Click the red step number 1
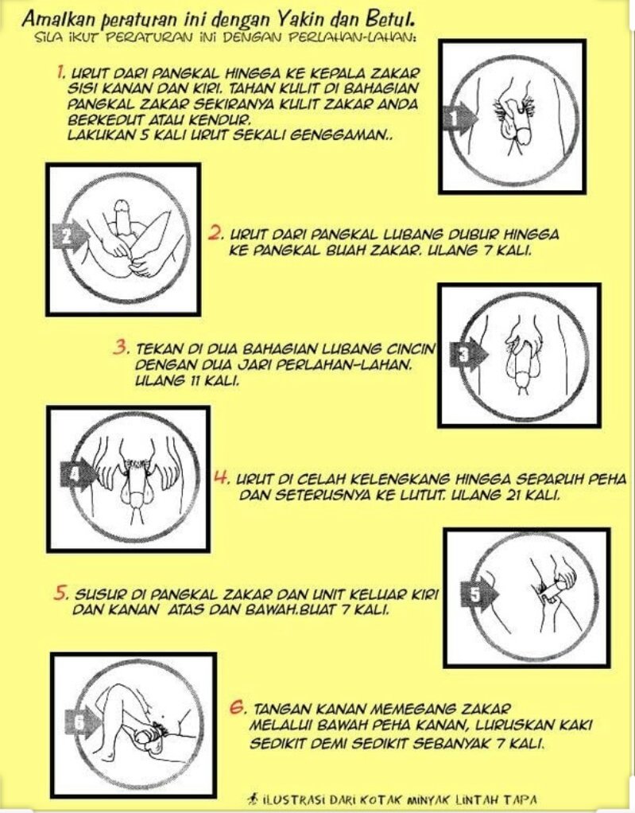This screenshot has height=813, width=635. point(60,72)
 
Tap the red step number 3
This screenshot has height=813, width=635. point(122,347)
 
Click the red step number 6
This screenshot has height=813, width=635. point(237,707)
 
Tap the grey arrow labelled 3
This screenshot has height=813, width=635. point(469,354)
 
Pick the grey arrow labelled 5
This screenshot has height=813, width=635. point(479,594)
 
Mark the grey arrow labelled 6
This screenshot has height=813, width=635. point(83,722)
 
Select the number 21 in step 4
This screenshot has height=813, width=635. point(512,495)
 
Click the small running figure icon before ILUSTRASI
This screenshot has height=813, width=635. point(254,799)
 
